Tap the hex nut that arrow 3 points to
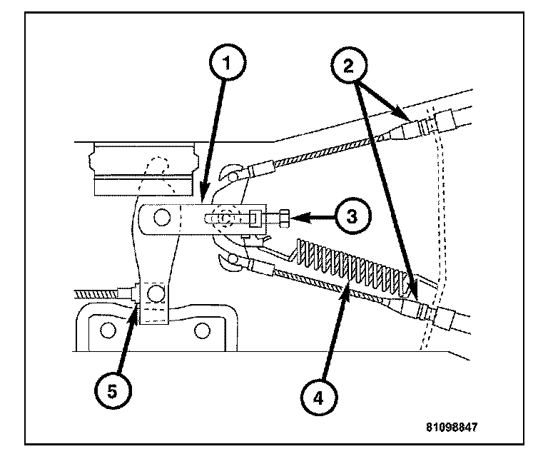pos(282,216)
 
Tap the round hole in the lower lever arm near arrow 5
pos(154,293)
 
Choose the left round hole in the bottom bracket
pos(109,329)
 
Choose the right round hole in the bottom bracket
pos(203,329)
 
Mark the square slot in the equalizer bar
pos(254,216)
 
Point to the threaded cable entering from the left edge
pos(100,294)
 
